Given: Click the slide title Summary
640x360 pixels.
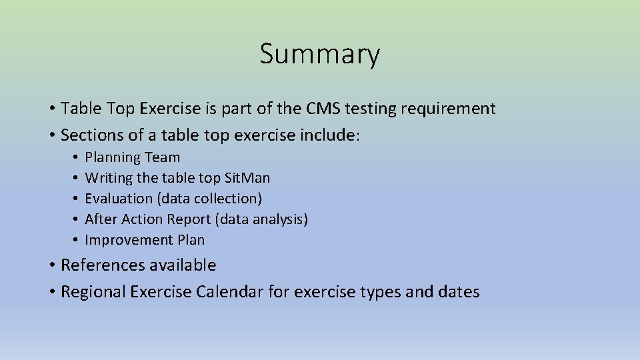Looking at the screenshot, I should tap(320, 54).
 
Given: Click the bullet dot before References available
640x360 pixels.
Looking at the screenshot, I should tap(52, 265).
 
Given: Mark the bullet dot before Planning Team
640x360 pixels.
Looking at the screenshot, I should tap(77, 158).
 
